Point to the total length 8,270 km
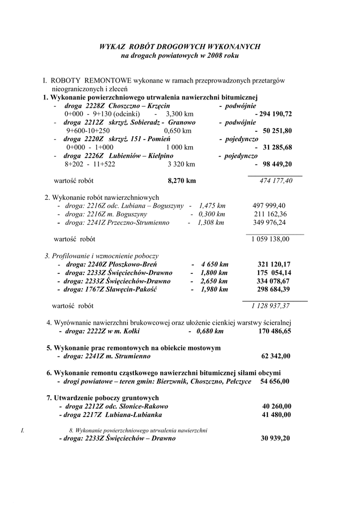click(x=182, y=180)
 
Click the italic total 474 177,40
click(x=276, y=180)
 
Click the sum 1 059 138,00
click(x=270, y=239)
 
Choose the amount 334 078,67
click(x=274, y=281)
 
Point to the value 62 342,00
click(x=276, y=356)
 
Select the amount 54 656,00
click(x=274, y=381)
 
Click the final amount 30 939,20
click(x=275, y=438)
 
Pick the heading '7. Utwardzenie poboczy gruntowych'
click(x=102, y=398)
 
